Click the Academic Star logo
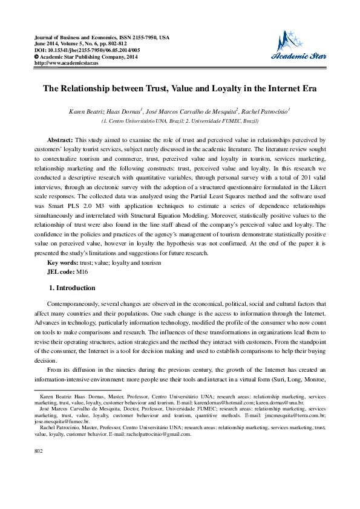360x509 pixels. click(301, 47)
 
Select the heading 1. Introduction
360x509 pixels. click(71, 288)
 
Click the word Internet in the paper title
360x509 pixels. click(282, 88)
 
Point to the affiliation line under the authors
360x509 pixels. click(180, 121)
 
